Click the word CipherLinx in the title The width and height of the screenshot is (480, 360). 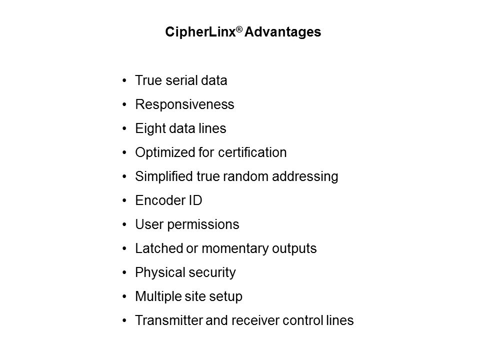[x=200, y=32]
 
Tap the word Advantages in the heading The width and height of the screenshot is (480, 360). [x=282, y=32]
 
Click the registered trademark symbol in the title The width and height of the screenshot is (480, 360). [x=239, y=29]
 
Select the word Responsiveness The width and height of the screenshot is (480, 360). [x=184, y=104]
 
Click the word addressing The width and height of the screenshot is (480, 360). [x=305, y=177]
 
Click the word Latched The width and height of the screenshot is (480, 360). [x=159, y=248]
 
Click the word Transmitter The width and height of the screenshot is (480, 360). [x=169, y=320]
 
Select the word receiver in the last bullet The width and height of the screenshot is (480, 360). [x=255, y=320]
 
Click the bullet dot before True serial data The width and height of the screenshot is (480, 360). [x=124, y=81]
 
